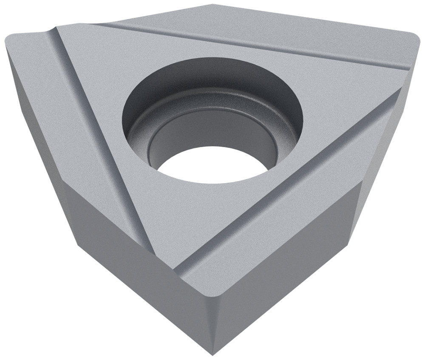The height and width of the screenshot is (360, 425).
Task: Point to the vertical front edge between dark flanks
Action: (x=212, y=323)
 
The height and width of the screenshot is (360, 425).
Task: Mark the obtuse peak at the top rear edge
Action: (x=212, y=6)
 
